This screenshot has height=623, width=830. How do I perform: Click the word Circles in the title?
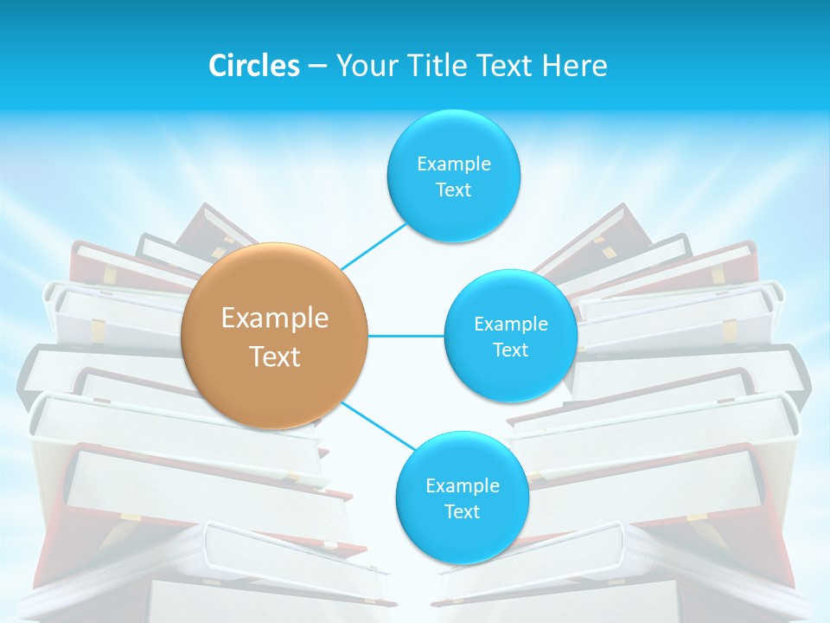254,66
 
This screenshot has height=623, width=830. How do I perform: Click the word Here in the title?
574,66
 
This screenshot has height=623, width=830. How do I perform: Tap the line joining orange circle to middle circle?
406,336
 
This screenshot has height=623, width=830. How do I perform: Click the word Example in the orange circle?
275,318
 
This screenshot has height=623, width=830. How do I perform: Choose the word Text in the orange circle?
275,356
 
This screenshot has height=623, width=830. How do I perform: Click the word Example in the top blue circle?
453,164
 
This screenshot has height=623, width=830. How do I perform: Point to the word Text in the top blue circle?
453,190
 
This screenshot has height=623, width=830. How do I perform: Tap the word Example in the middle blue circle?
510,324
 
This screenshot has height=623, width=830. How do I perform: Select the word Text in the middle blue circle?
510,350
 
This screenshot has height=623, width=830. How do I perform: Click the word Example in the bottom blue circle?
462,486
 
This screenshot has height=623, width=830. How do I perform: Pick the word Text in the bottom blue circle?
462,512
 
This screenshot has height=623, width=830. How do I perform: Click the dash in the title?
317,66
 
